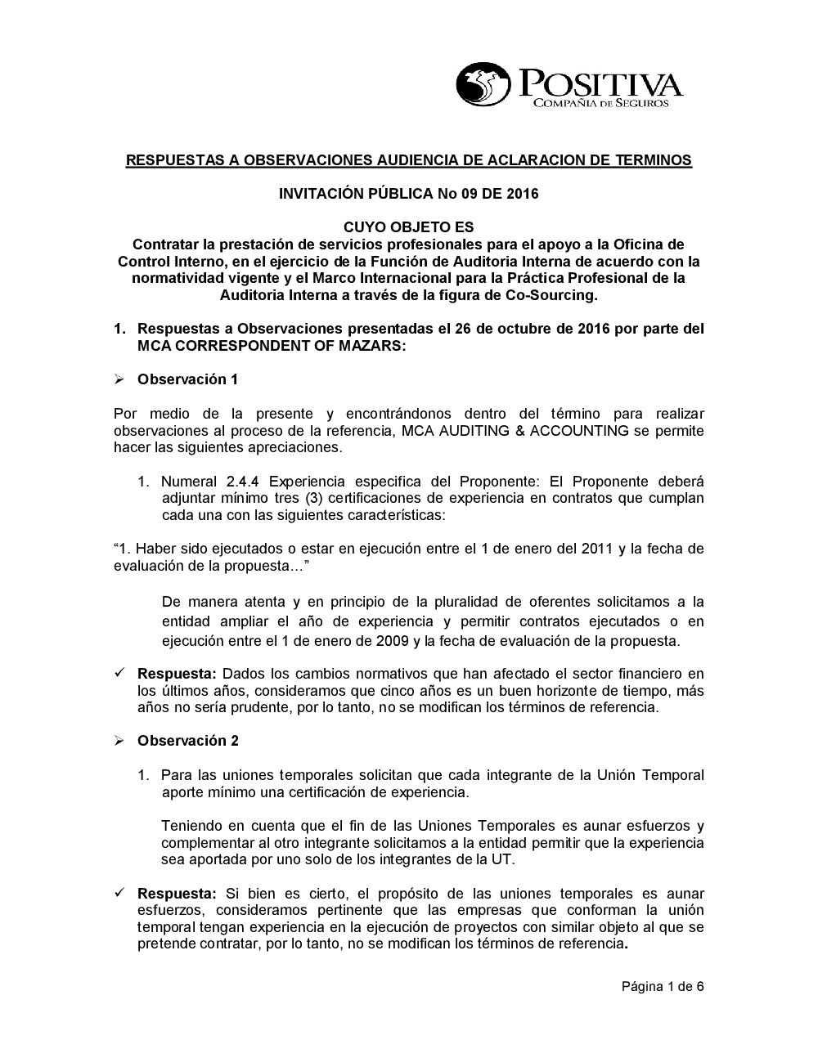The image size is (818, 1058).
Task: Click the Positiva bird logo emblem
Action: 482,85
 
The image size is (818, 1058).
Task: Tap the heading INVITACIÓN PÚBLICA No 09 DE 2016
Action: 408,194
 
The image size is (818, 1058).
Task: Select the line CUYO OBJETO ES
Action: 408,227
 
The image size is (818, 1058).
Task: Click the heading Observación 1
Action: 187,379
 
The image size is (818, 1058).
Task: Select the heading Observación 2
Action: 187,741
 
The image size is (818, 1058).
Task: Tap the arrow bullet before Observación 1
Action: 119,379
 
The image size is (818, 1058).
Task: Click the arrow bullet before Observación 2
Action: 119,741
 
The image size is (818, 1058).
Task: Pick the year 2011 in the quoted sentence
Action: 597,549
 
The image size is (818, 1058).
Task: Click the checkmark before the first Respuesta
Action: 119,674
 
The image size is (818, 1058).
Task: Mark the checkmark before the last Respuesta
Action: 119,894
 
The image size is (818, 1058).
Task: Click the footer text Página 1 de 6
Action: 663,986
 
